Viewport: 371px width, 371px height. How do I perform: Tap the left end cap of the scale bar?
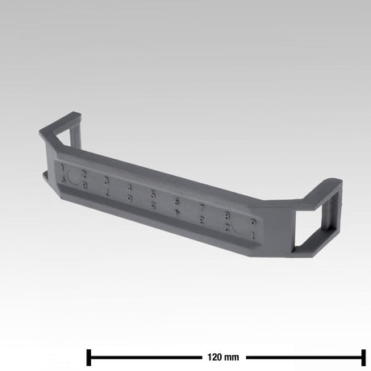pyautogui.click(x=88, y=356)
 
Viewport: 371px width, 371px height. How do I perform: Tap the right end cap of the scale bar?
pyautogui.click(x=365, y=356)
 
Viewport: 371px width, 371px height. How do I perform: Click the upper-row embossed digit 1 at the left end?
pyautogui.click(x=63, y=168)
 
